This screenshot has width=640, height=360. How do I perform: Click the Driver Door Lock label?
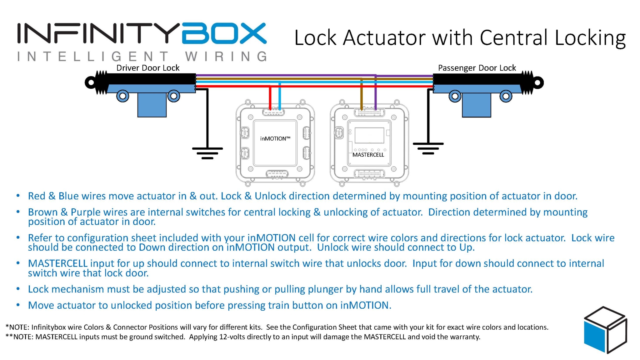coord(148,68)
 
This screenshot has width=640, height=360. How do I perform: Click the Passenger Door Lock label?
coord(477,68)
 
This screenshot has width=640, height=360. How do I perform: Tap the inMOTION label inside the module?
coord(275,138)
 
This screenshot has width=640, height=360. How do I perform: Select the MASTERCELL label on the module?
coord(368,155)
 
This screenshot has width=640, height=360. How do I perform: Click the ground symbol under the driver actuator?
coord(207,153)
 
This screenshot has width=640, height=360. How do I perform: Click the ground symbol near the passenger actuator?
coord(428,148)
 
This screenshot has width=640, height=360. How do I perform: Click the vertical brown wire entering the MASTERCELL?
coord(362,94)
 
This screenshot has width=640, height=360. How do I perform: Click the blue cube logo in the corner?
coord(605,330)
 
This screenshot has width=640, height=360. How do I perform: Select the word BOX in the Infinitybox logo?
coord(224,33)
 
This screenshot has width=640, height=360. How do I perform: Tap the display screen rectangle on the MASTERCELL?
coord(369,135)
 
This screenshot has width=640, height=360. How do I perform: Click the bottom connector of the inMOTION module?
coord(277,174)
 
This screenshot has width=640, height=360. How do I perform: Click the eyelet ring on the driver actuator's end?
coord(91,82)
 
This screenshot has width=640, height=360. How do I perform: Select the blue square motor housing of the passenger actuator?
coord(476,105)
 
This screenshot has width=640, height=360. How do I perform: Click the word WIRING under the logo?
coord(226,57)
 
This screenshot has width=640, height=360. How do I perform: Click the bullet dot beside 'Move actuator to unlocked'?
coord(18,305)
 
